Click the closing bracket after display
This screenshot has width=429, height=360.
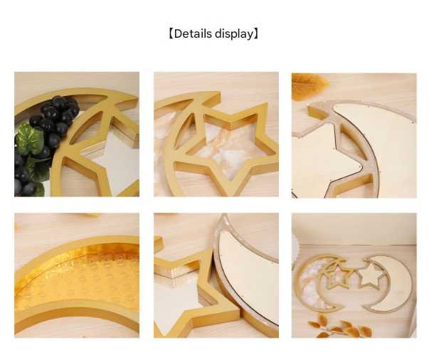[256, 33]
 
